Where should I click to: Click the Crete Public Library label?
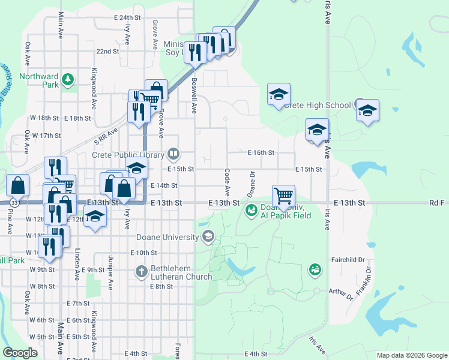coord(128,154)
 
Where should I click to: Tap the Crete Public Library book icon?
coord(173,154)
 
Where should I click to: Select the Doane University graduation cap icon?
coord(208,237)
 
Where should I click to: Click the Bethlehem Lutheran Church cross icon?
coord(141,271)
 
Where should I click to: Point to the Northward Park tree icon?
coord(68,79)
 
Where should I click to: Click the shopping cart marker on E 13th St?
coord(283,196)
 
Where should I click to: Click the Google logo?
coord(20,353)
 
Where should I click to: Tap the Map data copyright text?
coord(412,355)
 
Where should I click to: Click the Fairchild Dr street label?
coord(348,260)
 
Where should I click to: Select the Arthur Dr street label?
coord(340,293)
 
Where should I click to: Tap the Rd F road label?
coord(439,203)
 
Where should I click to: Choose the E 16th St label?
coord(261,153)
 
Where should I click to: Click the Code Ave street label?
coord(228,182)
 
